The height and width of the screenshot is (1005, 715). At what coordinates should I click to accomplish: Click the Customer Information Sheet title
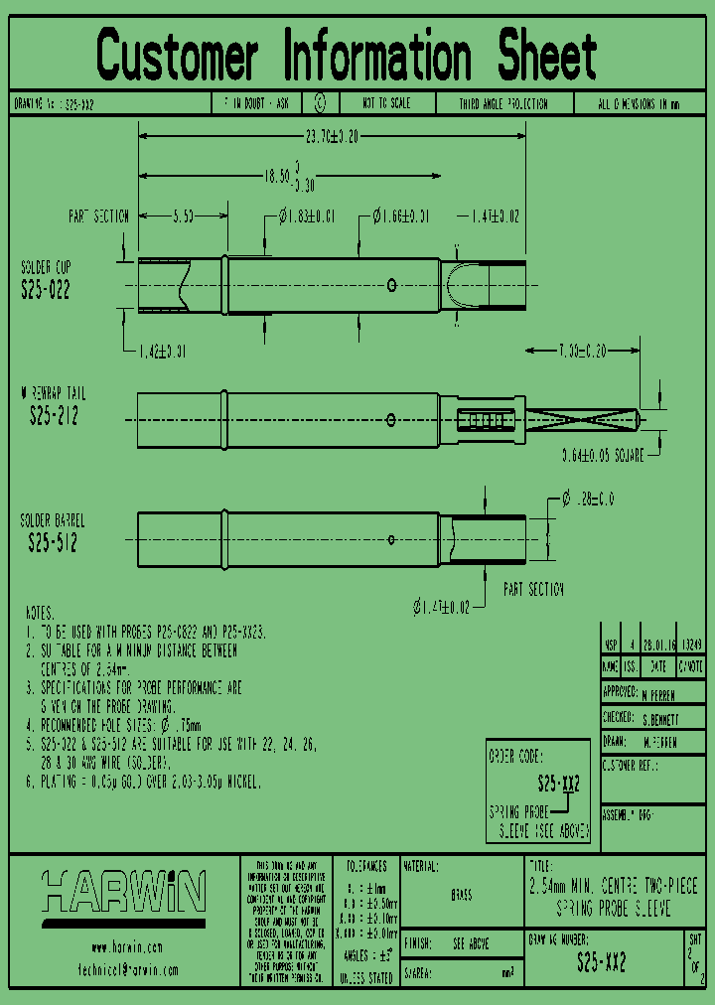(x=347, y=56)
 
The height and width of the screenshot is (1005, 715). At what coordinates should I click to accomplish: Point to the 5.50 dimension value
(x=183, y=215)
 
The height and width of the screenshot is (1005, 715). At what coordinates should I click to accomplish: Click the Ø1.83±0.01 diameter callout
(x=307, y=215)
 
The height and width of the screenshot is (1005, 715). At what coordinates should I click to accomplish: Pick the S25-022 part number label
(x=46, y=289)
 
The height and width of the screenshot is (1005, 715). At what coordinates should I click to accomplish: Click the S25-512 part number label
(x=53, y=542)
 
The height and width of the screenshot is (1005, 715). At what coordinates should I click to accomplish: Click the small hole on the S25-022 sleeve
(x=392, y=286)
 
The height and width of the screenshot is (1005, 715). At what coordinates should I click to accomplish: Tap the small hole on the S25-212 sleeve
(x=392, y=418)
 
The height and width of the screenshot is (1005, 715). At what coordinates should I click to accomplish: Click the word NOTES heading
(x=40, y=613)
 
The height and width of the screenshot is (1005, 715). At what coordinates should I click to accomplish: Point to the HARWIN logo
(x=125, y=891)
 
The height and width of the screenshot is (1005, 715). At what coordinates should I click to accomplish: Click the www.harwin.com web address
(x=126, y=947)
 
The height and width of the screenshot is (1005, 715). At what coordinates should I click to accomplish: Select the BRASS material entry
(x=462, y=895)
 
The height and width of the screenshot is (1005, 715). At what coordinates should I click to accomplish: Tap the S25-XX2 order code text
(x=558, y=782)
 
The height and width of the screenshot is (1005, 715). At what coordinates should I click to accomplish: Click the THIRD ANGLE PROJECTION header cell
(x=502, y=103)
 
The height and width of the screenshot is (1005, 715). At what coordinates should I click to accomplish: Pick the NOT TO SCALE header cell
(x=385, y=103)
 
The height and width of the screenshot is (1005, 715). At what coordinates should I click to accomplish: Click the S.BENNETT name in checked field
(x=661, y=717)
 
